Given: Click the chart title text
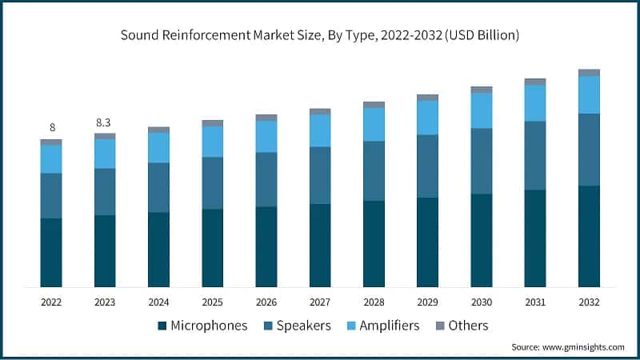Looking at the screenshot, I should pos(320,35).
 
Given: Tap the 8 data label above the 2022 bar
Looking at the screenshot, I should pos(52,128).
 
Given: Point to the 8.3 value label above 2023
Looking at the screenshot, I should pos(105,122).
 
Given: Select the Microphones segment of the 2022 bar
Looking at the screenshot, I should pos(51,252).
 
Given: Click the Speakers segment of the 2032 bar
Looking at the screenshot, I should pos(589,150).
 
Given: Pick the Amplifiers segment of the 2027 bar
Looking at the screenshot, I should pos(320,130).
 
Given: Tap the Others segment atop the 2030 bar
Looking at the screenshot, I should pos(482,90).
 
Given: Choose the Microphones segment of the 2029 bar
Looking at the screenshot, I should pos(427,242).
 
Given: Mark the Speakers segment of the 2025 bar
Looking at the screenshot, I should pos(212,182).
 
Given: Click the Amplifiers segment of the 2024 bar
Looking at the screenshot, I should pos(158,147).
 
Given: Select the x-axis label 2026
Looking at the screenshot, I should pos(266,302).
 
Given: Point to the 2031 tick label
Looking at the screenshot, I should pos(535,302).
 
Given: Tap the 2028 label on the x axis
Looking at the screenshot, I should pos(374,302).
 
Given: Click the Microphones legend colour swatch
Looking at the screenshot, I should pos(162,326).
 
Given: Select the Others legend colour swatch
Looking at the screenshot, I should pos(440,326).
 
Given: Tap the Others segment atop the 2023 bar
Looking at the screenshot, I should pos(105,136).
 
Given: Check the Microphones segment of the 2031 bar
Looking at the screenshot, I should pos(535,238).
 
